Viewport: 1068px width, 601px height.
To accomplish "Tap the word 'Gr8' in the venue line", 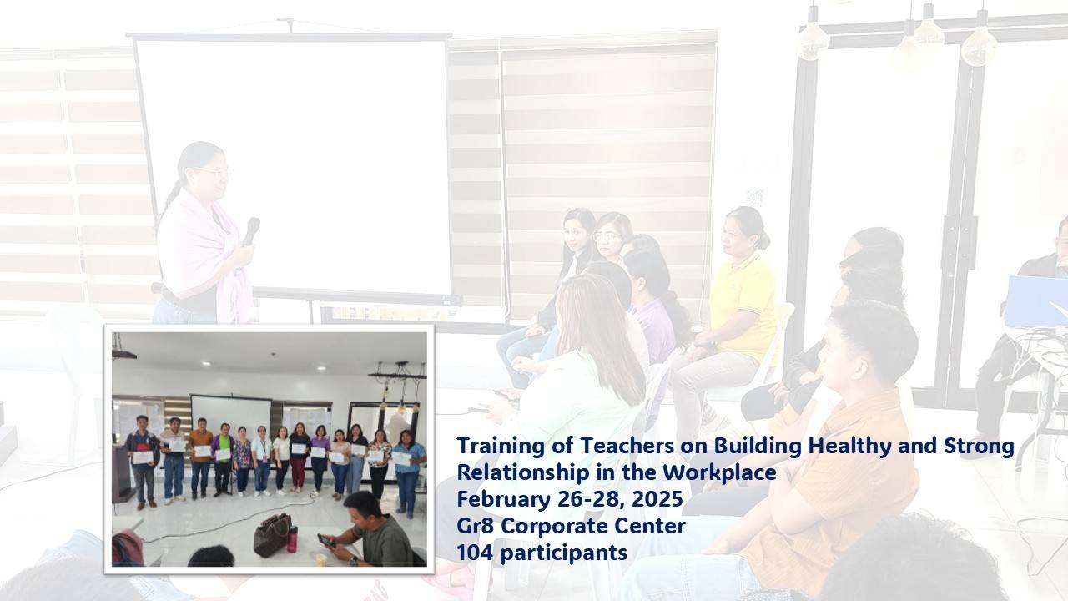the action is (476, 526).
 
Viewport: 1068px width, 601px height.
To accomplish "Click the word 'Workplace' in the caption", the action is (720, 472).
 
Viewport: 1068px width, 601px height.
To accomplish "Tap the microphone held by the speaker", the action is (251, 231).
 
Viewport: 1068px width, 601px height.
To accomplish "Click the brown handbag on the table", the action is (272, 535).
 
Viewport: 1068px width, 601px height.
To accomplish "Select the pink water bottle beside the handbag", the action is (292, 538).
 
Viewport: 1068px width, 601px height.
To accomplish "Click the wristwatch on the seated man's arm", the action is (352, 561).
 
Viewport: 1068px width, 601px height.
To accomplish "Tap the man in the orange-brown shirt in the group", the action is (200, 458).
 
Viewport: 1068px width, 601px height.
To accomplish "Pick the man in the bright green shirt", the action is (223, 459).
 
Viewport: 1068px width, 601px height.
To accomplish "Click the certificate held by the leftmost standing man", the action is (143, 457).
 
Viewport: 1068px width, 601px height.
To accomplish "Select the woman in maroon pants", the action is (300, 457).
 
